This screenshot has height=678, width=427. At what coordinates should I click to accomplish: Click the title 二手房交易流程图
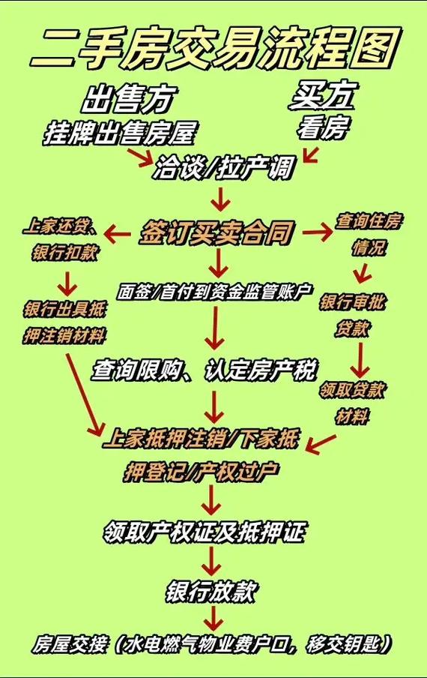tap(213, 46)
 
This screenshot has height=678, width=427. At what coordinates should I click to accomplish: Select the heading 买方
tap(323, 96)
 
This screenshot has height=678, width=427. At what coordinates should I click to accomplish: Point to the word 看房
tap(323, 129)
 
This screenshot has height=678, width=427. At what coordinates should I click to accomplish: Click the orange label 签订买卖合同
tap(215, 233)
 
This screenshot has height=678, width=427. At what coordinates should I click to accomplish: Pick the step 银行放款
tap(212, 591)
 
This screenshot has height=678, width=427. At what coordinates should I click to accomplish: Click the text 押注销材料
tap(64, 334)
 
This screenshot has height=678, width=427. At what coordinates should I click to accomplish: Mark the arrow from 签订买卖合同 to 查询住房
tap(317, 232)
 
